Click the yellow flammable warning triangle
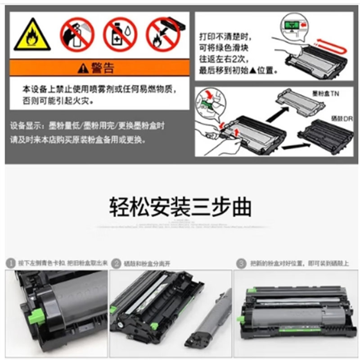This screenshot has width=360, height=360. tap(32, 35)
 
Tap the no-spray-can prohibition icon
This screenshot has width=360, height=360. tap(77, 34)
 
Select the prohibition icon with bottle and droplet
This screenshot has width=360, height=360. tap(120, 34)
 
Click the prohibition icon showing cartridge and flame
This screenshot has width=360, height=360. tap(163, 34)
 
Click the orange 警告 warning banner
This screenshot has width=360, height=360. tap(99, 68)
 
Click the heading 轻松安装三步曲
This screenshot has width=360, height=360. tap(180, 208)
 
